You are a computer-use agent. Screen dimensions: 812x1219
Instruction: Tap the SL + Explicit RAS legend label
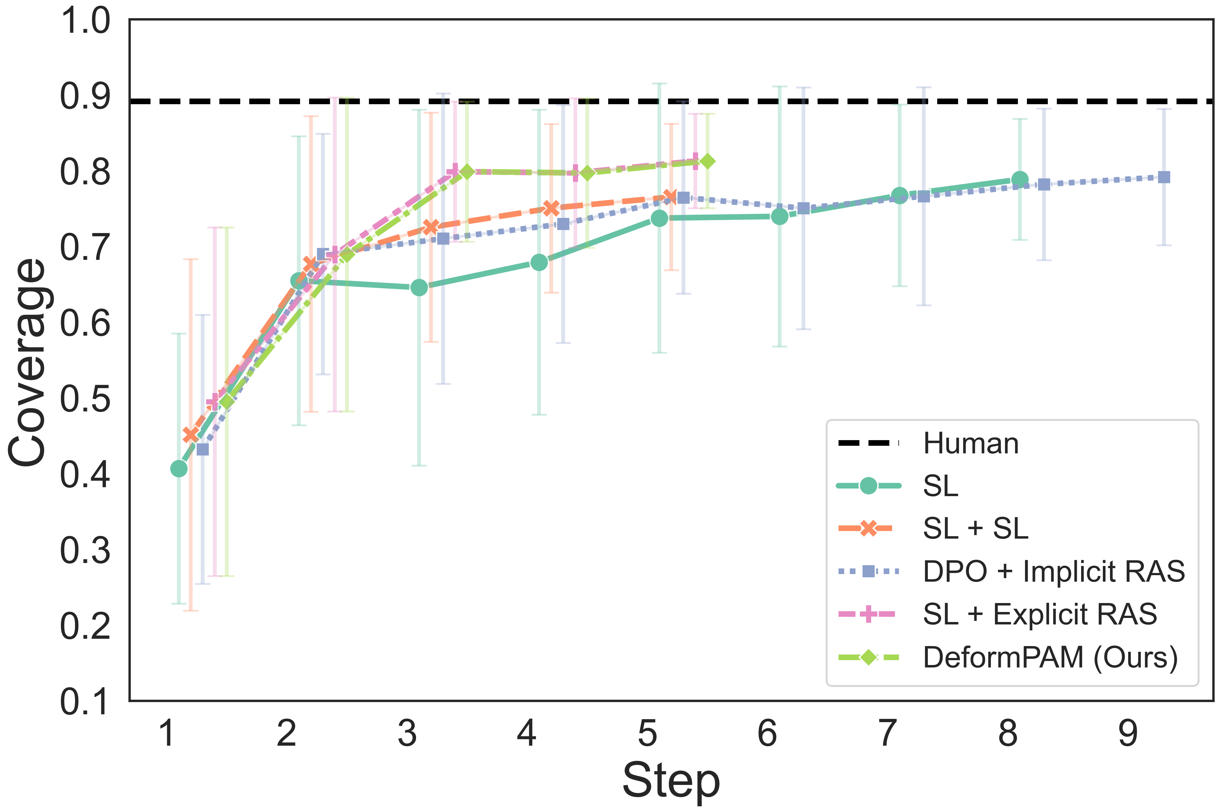pos(1040,615)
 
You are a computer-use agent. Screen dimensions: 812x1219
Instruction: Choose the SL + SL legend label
pos(975,529)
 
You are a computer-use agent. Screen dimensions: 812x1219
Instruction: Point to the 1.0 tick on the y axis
pos(86,22)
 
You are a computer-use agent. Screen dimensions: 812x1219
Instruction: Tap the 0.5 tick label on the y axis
pos(86,400)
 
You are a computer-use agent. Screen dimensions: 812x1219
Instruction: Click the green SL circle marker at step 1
pos(179,469)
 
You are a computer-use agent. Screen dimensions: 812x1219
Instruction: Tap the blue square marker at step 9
pos(1163,177)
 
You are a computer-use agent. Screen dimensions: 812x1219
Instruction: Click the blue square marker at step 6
pos(803,208)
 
